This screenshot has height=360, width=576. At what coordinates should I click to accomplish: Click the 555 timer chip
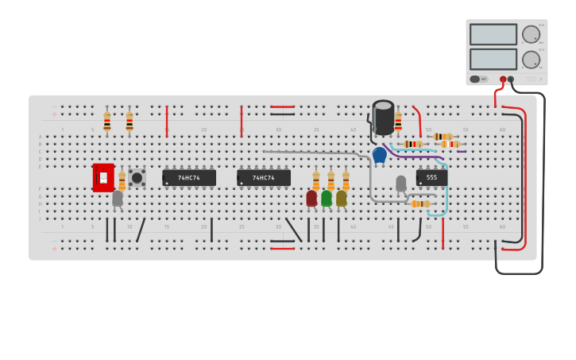click(431, 178)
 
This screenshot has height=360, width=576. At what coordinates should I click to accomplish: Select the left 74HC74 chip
click(189, 178)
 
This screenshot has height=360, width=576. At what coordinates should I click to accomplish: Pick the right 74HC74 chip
click(264, 178)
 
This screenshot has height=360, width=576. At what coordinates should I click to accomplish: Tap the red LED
click(311, 198)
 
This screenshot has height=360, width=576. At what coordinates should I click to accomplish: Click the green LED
click(327, 198)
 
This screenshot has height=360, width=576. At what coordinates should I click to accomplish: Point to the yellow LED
click(342, 198)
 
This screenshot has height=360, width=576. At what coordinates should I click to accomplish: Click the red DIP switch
click(103, 178)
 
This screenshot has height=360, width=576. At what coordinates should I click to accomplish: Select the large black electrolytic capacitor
click(384, 118)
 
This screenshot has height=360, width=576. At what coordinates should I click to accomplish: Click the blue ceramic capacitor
click(380, 155)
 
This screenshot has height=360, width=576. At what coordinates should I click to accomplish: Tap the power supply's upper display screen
click(493, 34)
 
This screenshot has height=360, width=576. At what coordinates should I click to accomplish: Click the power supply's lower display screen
click(493, 60)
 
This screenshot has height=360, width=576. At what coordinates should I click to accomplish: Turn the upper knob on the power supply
click(531, 34)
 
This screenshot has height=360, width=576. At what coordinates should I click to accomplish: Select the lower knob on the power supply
click(531, 60)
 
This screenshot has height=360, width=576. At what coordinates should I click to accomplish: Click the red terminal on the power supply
click(503, 79)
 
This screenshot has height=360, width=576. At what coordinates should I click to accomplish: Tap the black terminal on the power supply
click(511, 79)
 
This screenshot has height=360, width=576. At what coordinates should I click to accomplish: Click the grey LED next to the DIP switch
click(118, 198)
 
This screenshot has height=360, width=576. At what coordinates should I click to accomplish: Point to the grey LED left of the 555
click(401, 184)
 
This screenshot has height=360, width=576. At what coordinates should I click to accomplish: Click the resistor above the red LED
click(316, 180)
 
